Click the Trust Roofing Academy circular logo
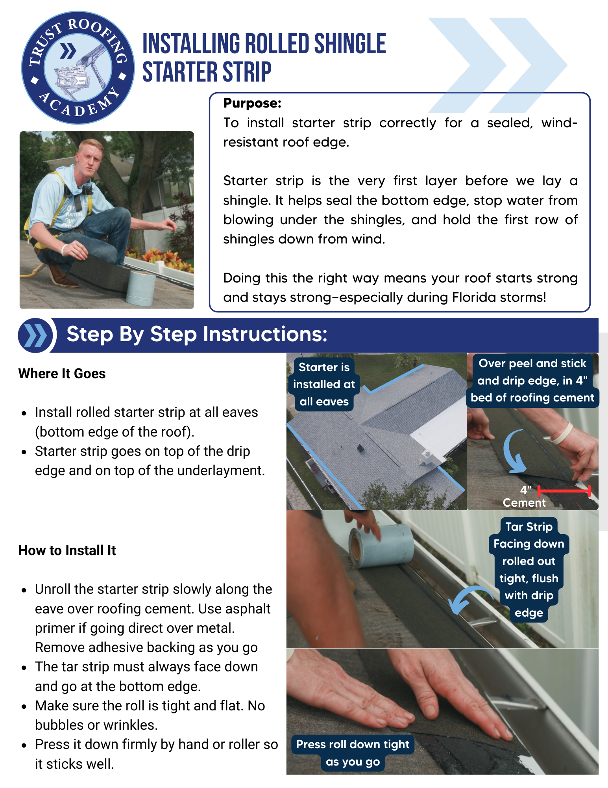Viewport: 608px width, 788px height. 78,67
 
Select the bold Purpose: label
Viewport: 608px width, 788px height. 252,103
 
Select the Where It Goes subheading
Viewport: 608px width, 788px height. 62,374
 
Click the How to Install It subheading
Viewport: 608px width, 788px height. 67,550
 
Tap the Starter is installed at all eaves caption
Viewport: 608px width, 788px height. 324,384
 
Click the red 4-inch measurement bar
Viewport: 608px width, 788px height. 564,491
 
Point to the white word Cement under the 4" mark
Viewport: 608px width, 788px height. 524,503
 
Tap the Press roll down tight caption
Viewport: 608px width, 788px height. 353,753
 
